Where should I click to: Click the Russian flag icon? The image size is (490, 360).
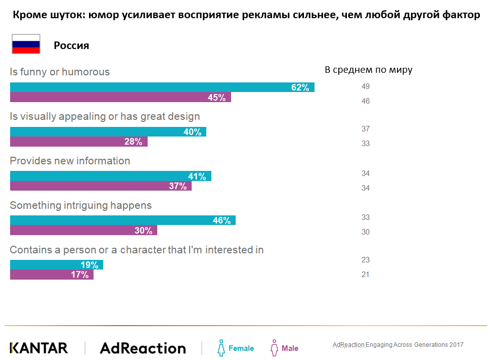[26, 44]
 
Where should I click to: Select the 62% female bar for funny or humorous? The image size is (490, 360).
[162, 87]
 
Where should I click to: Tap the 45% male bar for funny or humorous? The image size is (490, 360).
[120, 98]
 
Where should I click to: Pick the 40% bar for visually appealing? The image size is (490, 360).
[108, 132]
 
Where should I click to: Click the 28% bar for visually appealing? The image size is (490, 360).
[79, 142]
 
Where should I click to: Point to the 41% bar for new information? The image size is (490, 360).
[111, 176]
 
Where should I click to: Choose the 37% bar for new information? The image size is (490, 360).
[101, 186]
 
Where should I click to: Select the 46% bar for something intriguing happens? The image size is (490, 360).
[123, 220]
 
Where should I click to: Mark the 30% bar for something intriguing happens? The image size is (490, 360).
[83, 231]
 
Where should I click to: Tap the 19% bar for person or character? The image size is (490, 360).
[57, 265]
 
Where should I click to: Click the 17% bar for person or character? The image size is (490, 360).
[52, 275]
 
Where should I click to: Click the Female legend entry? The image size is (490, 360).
[236, 348]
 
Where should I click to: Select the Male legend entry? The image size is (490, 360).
[285, 348]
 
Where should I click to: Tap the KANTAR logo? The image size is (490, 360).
[39, 348]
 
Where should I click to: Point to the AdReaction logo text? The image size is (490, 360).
[143, 348]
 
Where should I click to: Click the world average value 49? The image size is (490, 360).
[366, 86]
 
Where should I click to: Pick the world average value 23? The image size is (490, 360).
[366, 260]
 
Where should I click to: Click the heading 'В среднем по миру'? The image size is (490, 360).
[368, 70]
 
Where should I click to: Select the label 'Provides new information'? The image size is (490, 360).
[70, 161]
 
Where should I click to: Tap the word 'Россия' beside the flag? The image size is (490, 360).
[71, 46]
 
